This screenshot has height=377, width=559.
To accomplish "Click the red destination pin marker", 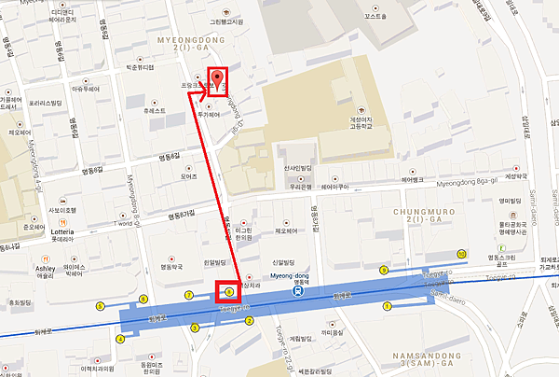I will point(218,77).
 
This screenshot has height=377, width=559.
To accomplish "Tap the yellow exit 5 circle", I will point(100,306).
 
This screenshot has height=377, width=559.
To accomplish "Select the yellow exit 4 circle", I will point(120,339).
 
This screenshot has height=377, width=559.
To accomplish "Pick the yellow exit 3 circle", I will point(194,328).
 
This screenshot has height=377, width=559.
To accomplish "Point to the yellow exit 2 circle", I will point(249,321).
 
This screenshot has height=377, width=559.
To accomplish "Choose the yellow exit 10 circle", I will point(461,254).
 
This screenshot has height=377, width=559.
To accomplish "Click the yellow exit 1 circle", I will point(388,305).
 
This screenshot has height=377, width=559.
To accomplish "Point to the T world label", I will point(123,224).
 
